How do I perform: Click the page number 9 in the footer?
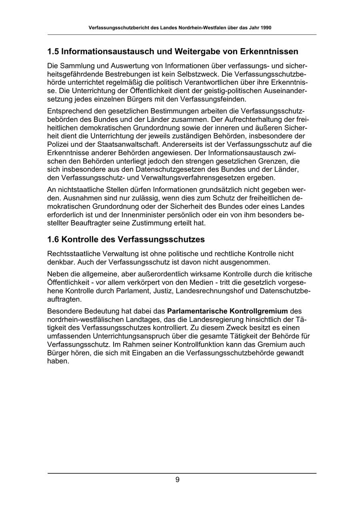click(x=177, y=480)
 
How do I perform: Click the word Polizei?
click(x=58, y=144)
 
